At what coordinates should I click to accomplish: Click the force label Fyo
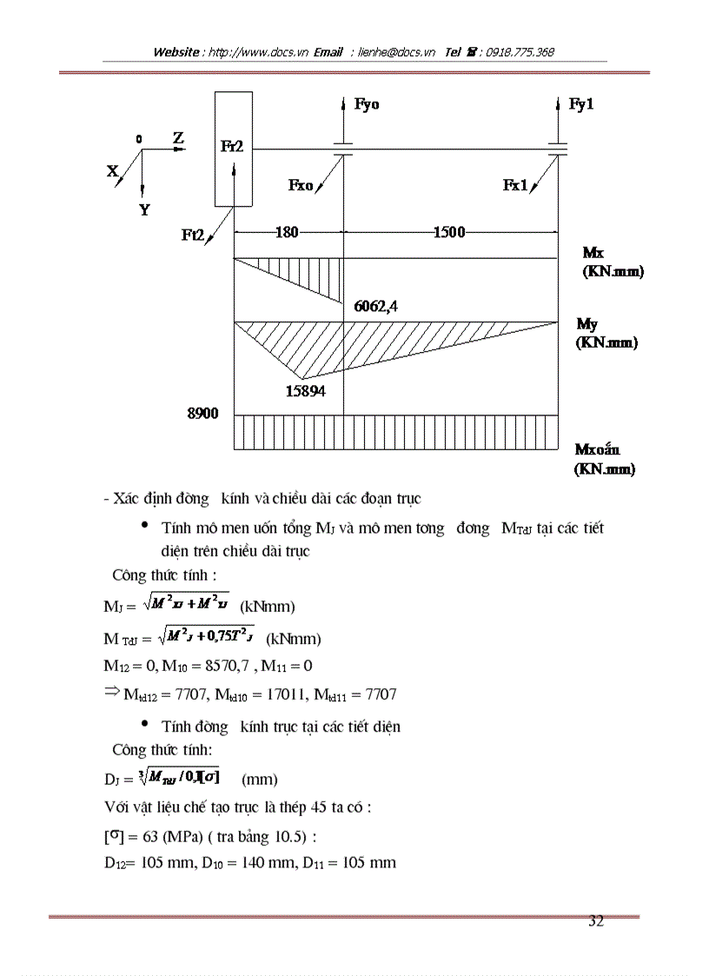pyautogui.click(x=367, y=105)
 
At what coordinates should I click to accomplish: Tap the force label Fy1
pyautogui.click(x=581, y=104)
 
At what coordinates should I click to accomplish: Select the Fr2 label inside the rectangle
pyautogui.click(x=232, y=147)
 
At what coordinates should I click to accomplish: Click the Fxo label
pyautogui.click(x=300, y=185)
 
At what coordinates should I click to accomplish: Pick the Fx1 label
pyautogui.click(x=515, y=185)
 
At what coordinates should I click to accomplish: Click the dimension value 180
pyautogui.click(x=287, y=232)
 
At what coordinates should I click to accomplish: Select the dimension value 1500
pyautogui.click(x=449, y=232)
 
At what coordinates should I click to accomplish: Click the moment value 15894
pyautogui.click(x=305, y=391)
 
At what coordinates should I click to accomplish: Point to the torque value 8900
pyautogui.click(x=202, y=414)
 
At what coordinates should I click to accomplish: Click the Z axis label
pyautogui.click(x=178, y=138)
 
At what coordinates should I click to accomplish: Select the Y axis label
pyautogui.click(x=144, y=209)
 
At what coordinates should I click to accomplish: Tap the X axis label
pyautogui.click(x=112, y=172)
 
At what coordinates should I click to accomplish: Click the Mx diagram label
pyautogui.click(x=593, y=253)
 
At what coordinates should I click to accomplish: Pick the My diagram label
pyautogui.click(x=587, y=324)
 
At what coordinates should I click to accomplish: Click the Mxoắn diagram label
pyautogui.click(x=598, y=449)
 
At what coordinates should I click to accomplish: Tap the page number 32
pyautogui.click(x=595, y=922)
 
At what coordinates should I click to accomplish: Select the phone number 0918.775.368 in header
pyautogui.click(x=519, y=52)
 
